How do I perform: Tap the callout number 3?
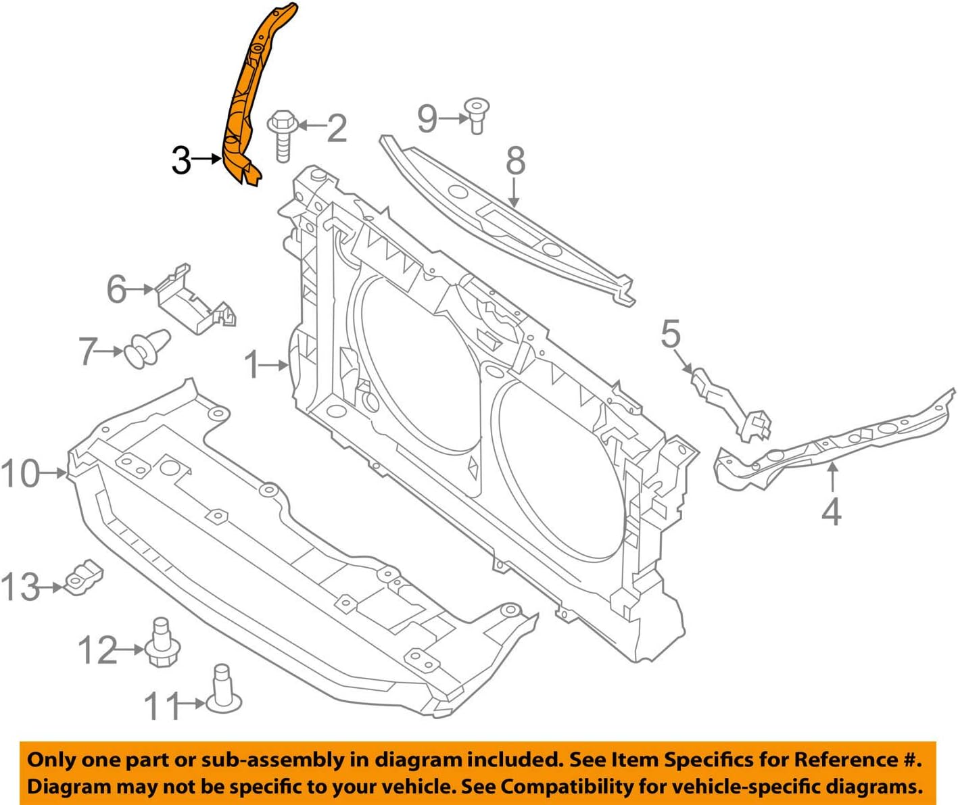(181, 161)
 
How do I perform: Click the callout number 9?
(427, 118)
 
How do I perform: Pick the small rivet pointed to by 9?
(477, 115)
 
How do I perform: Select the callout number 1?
(252, 365)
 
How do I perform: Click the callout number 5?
(670, 334)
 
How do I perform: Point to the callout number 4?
(832, 512)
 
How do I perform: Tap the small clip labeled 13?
(84, 578)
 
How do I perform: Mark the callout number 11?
(162, 706)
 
